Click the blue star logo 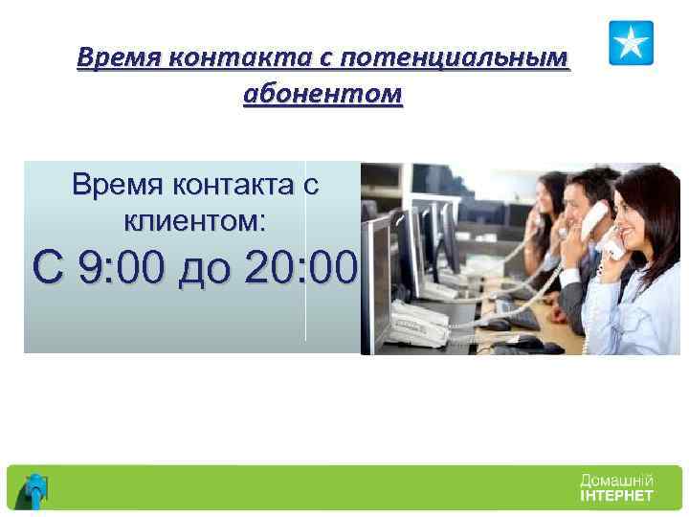(x=631, y=43)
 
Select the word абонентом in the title (x=323, y=96)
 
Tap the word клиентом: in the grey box (x=195, y=221)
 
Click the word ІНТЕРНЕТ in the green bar (x=617, y=496)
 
